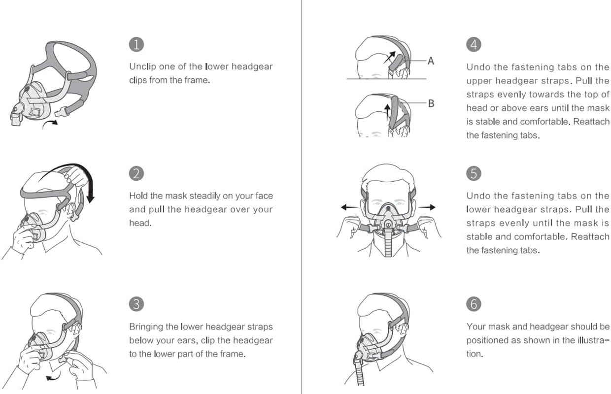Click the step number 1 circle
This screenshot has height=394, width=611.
(x=136, y=44)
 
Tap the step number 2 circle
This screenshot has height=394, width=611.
(x=136, y=173)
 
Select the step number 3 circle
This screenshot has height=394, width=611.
(x=136, y=304)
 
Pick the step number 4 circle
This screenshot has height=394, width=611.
(x=474, y=44)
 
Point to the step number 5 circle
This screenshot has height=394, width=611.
(x=474, y=173)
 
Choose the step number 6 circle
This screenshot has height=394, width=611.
(x=474, y=304)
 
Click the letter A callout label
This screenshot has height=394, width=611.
(x=431, y=61)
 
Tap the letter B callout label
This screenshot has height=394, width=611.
(x=431, y=104)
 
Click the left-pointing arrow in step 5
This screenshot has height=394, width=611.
(x=349, y=207)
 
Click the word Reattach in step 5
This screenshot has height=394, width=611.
(x=590, y=237)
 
